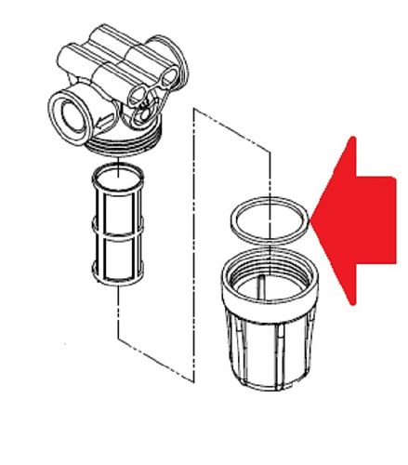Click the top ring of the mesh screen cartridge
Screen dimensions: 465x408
click(118, 172)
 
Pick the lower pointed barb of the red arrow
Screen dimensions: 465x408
click(351, 301)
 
